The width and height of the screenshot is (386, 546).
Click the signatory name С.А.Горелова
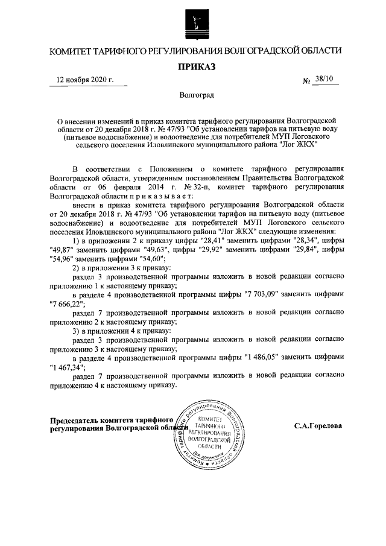317,425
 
